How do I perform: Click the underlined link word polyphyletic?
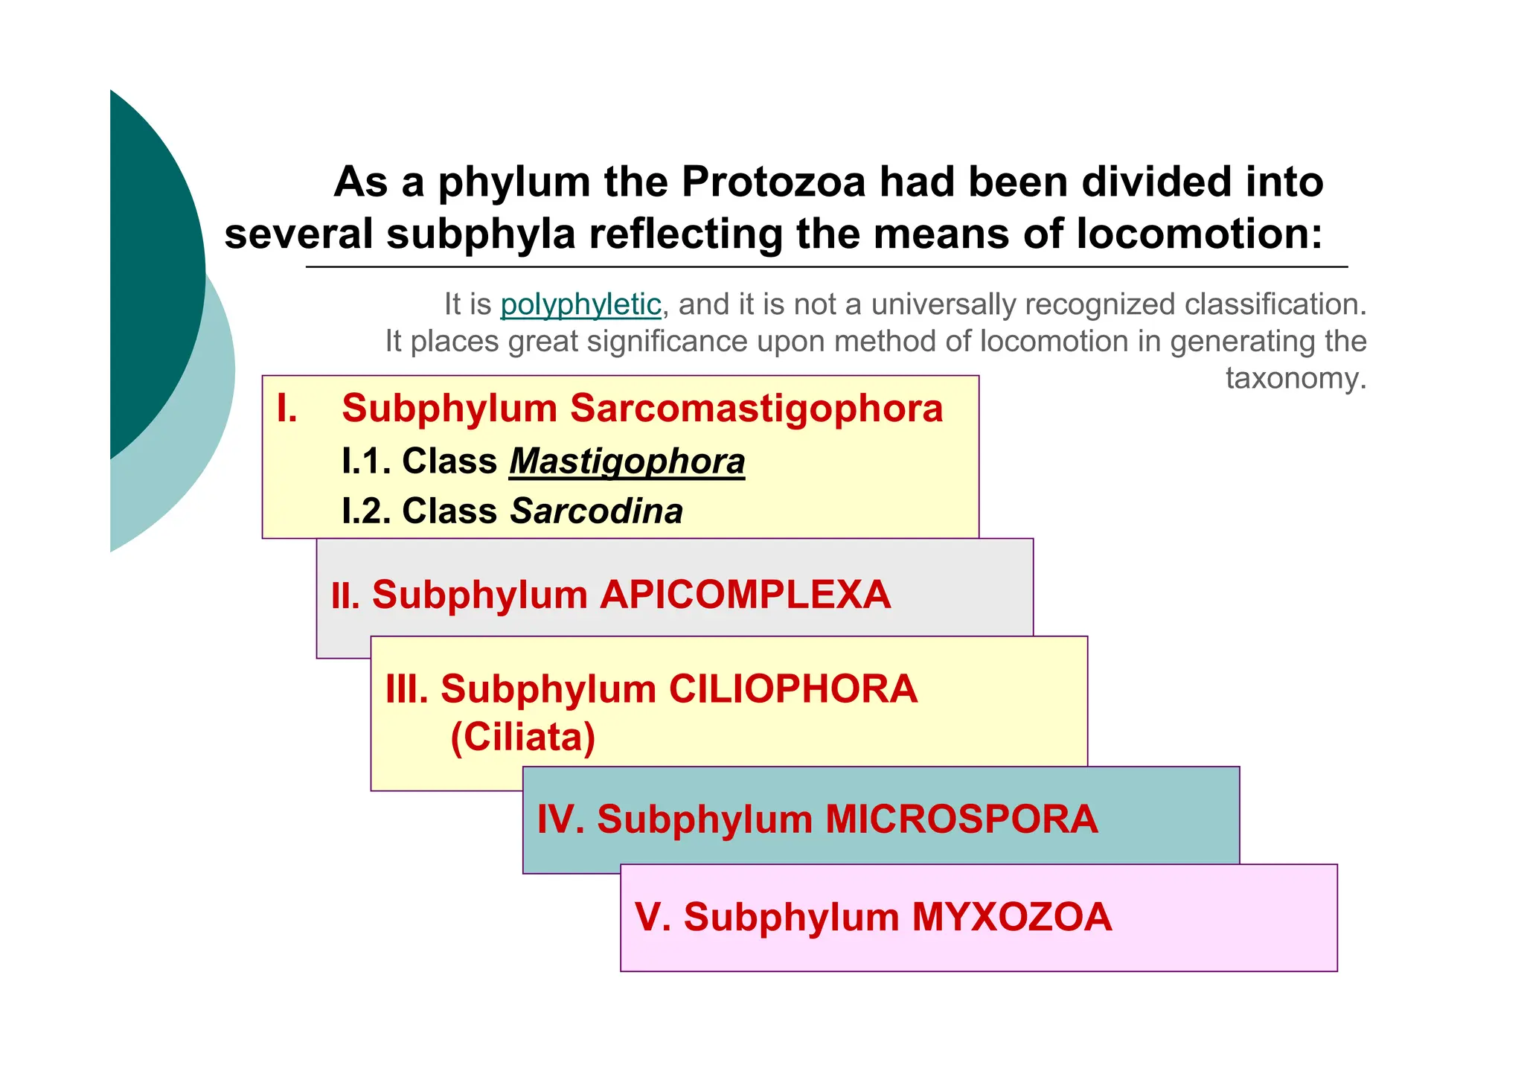pos(580,304)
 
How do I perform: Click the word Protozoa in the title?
pos(774,182)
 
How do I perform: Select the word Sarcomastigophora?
pos(756,409)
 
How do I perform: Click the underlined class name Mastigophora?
pos(627,461)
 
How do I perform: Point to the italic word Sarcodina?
pos(596,511)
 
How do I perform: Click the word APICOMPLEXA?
pos(745,595)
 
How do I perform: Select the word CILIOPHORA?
pos(793,688)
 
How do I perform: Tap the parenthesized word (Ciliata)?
pos(523,737)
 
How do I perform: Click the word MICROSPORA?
pos(961,819)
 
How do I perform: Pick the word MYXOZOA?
pos(1012,917)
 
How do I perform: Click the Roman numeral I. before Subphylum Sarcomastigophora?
pos(286,409)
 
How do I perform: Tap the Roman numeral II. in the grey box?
pos(345,596)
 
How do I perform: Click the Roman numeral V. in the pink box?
pos(653,917)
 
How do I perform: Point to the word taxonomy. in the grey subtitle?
pos(1296,379)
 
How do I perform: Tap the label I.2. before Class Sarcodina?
pos(366,511)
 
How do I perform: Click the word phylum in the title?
pos(514,183)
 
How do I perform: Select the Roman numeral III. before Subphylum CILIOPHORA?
pos(407,688)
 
